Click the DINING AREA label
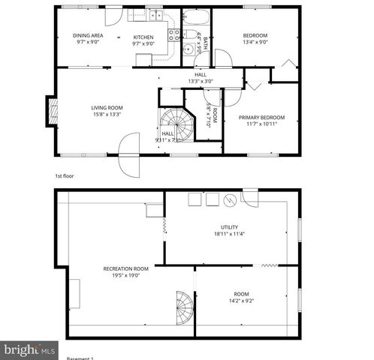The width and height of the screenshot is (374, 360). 88,36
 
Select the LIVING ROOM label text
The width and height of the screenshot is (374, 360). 107,107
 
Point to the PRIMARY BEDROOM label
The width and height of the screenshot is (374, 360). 262,117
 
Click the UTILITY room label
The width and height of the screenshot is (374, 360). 230,226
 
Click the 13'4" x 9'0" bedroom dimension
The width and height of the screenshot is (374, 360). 255,43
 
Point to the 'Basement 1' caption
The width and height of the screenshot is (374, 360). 80,358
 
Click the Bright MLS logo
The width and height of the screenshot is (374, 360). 29,349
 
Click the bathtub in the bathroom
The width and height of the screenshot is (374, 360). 195,17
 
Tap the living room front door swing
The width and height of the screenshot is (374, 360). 128,150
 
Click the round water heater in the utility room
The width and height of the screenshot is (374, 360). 230,200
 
